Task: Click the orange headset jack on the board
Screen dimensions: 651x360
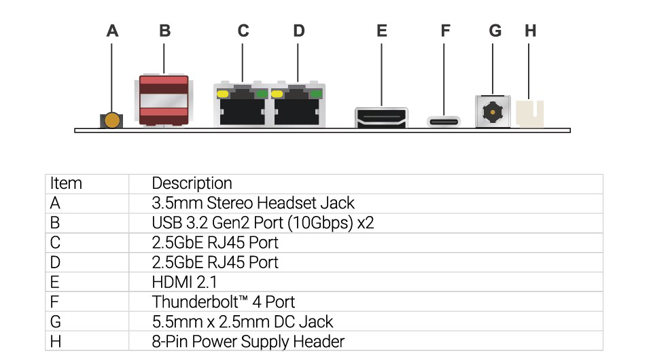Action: [x=112, y=121]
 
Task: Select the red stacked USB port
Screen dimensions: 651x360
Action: [x=163, y=101]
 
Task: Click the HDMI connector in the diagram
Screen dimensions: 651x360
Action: [x=381, y=116]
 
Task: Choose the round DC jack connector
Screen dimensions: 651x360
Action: [x=492, y=111]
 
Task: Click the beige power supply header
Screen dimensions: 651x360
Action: [x=530, y=113]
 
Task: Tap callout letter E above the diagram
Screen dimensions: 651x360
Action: [x=382, y=31]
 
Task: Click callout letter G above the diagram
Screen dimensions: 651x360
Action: [x=495, y=31]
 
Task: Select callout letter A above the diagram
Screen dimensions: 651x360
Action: [x=113, y=31]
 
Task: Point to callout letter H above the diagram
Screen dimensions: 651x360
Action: [x=531, y=31]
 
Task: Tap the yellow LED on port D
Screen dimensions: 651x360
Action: [x=277, y=93]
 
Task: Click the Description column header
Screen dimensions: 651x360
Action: [x=192, y=183]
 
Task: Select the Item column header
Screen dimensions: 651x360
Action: [x=66, y=183]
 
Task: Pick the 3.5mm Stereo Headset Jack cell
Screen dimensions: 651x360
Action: [x=253, y=203]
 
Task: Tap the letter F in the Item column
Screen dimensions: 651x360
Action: [x=54, y=302]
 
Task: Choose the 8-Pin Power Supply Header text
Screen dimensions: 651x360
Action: [x=248, y=342]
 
